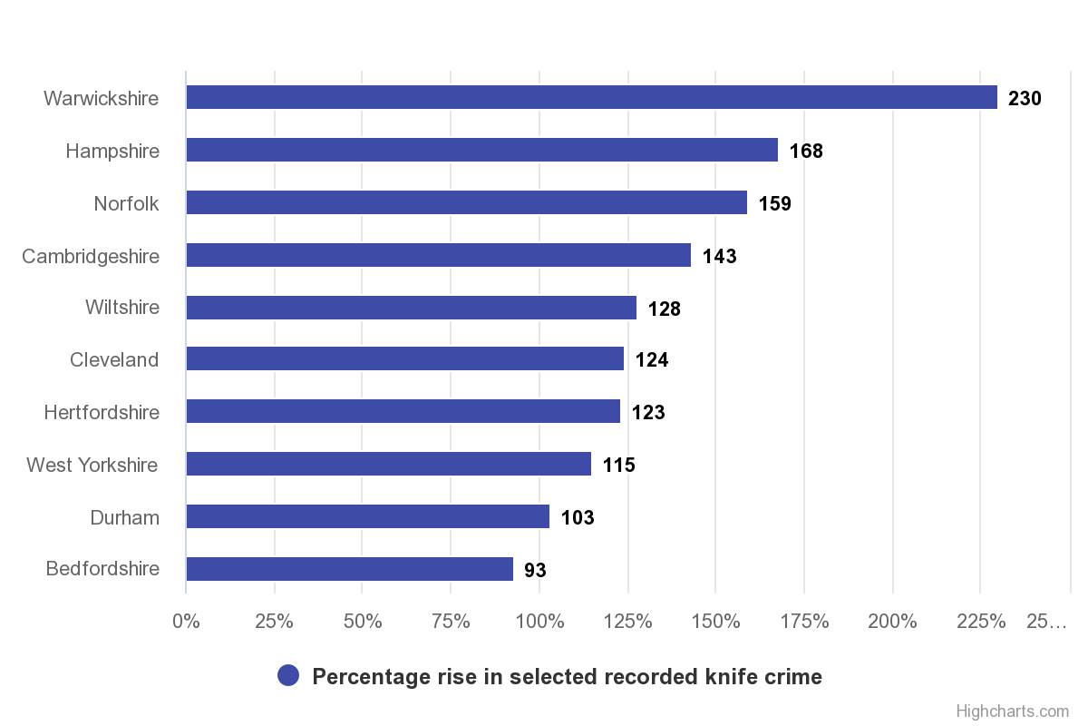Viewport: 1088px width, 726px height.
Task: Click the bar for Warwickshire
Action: [x=591, y=97]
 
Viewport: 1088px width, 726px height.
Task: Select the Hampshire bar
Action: [x=481, y=150]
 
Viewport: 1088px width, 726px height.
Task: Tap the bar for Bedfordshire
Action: [x=349, y=569]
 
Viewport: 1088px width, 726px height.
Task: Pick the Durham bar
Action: [x=367, y=516]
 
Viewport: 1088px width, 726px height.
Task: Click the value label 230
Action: [x=1025, y=98]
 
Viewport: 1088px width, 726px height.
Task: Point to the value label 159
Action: [x=774, y=203]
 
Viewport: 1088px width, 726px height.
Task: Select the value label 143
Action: [x=719, y=256]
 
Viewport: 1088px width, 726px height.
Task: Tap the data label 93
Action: [x=535, y=570]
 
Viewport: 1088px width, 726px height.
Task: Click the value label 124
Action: [x=651, y=359]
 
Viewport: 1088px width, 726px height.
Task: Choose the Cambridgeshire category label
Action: [x=91, y=256]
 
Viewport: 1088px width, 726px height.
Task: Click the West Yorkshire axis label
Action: [x=92, y=465]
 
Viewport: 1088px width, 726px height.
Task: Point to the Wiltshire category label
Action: [x=122, y=307]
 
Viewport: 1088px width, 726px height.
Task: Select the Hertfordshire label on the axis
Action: [x=102, y=412]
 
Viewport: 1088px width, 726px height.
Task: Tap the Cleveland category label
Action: [x=114, y=359]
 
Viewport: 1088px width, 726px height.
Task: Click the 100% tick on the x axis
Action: [x=539, y=622]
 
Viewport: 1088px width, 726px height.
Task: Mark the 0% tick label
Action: [x=186, y=622]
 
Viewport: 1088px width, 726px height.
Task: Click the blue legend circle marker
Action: [x=288, y=676]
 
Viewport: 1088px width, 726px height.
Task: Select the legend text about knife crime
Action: [x=567, y=676]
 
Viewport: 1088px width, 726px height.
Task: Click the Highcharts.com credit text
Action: [x=1012, y=711]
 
